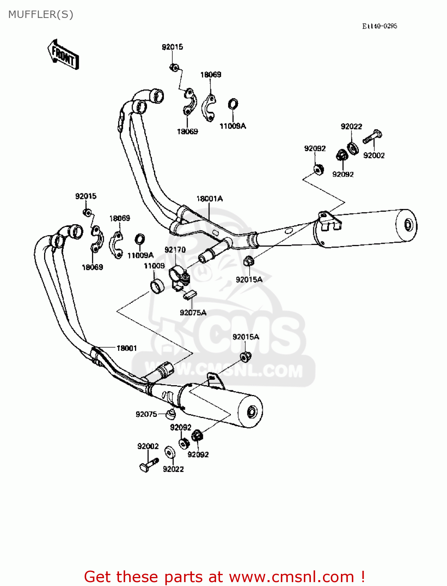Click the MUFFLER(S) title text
pos(41,14)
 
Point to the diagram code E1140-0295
pos(379,26)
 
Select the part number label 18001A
pos(209,198)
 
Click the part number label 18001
pos(127,348)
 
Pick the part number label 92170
pos(175,250)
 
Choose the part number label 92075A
pos(193,313)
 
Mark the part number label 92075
pos(146,414)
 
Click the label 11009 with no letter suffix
pos(154,266)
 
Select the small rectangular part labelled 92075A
pos(190,294)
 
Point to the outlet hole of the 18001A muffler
pos(408,225)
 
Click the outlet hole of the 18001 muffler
pos(252,412)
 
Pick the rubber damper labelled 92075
pos(170,413)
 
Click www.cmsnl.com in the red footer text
pos(291,577)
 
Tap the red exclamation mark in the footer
pos(363,577)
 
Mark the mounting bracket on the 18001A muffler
pos(329,221)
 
